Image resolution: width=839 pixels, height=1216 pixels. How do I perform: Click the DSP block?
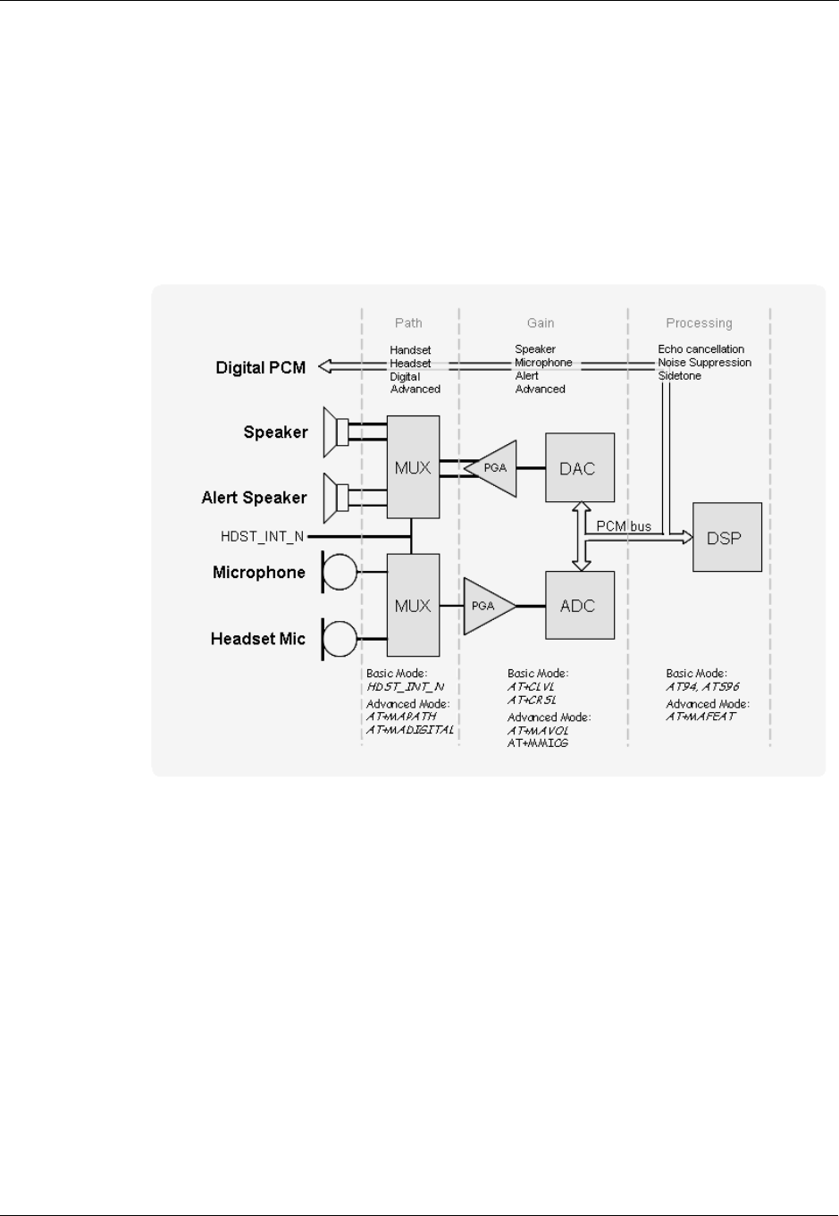point(727,537)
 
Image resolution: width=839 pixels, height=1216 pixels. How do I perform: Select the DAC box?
point(580,468)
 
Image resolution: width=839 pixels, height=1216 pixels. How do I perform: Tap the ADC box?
point(580,606)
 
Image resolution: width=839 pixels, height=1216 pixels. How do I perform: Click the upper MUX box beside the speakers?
point(413,466)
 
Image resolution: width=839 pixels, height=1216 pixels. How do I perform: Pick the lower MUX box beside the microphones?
point(413,605)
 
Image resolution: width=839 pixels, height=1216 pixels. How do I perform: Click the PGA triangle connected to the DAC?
point(494,468)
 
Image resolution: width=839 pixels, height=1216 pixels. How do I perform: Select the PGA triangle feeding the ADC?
point(487,606)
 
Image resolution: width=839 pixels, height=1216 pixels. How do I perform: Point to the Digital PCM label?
point(260,367)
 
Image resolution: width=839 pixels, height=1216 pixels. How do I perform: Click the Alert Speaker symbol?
point(337,497)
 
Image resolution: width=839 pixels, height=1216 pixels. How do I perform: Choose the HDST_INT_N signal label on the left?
point(262,536)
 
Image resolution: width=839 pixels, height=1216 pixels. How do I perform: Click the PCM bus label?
point(624,526)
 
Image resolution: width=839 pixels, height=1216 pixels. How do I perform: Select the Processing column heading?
point(699,323)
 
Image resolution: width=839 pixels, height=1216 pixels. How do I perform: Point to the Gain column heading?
point(541,323)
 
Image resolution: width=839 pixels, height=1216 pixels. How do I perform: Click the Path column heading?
point(408,323)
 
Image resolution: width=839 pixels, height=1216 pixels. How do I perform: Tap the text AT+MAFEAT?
point(701,717)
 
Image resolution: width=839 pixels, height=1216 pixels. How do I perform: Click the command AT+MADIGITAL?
point(410,729)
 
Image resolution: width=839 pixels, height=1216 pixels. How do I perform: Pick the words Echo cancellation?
point(701,348)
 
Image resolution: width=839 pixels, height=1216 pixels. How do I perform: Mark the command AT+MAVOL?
point(538,730)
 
